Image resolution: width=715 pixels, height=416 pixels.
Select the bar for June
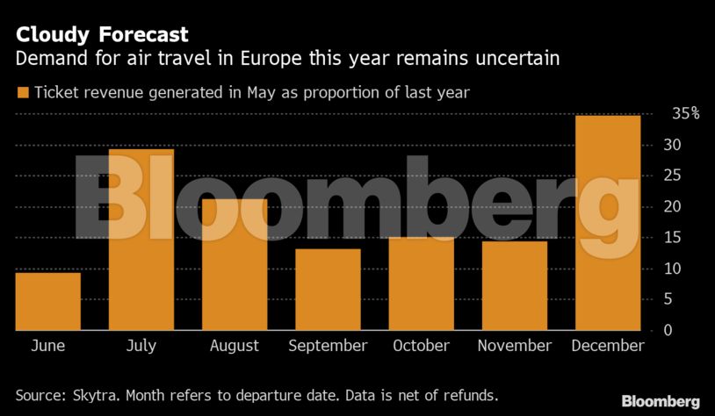(47, 301)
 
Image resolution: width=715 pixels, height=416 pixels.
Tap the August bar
(235, 264)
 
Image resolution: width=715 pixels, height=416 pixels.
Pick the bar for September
(328, 290)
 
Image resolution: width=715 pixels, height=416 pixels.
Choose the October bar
(422, 283)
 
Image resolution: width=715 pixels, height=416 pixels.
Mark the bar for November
(515, 285)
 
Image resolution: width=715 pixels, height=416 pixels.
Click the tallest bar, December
(608, 223)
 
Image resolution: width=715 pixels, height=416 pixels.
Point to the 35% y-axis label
(685, 113)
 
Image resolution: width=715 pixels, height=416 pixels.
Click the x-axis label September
(328, 346)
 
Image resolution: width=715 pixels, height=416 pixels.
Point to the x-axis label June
(47, 346)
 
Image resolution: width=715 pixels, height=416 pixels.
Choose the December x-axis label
(608, 346)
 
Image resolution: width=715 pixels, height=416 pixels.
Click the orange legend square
(23, 92)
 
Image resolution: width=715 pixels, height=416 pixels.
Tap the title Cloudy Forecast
(100, 35)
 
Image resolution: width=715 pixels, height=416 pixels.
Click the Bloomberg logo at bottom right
(661, 401)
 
